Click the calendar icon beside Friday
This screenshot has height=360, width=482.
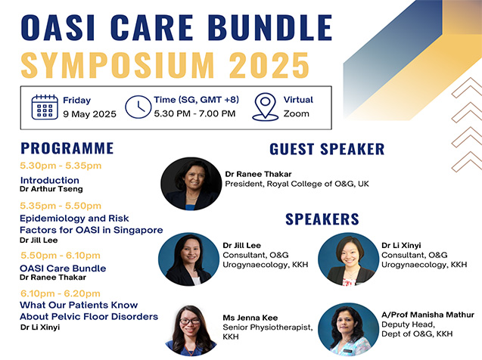(45, 107)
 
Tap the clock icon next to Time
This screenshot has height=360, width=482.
(138, 107)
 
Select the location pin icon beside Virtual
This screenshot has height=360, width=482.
(265, 107)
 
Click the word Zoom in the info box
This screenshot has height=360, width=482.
(297, 113)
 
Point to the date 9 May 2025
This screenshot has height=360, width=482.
(90, 114)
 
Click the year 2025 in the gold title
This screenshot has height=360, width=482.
(269, 65)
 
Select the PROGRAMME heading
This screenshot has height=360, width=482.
(67, 148)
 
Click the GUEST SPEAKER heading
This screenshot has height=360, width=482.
(327, 149)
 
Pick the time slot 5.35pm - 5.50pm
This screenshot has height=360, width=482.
(61, 206)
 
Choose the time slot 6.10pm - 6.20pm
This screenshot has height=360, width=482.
(61, 293)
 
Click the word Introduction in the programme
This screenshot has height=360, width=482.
(50, 180)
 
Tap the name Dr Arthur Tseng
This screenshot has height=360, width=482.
(51, 189)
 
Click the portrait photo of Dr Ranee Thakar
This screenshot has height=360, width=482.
(191, 184)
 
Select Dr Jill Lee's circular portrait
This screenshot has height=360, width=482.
(188, 259)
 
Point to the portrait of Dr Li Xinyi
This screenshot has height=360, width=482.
(348, 259)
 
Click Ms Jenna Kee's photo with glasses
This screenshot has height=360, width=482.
(191, 331)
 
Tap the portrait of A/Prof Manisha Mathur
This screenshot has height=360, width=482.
(348, 330)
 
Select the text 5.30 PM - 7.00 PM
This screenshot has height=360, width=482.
(194, 113)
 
